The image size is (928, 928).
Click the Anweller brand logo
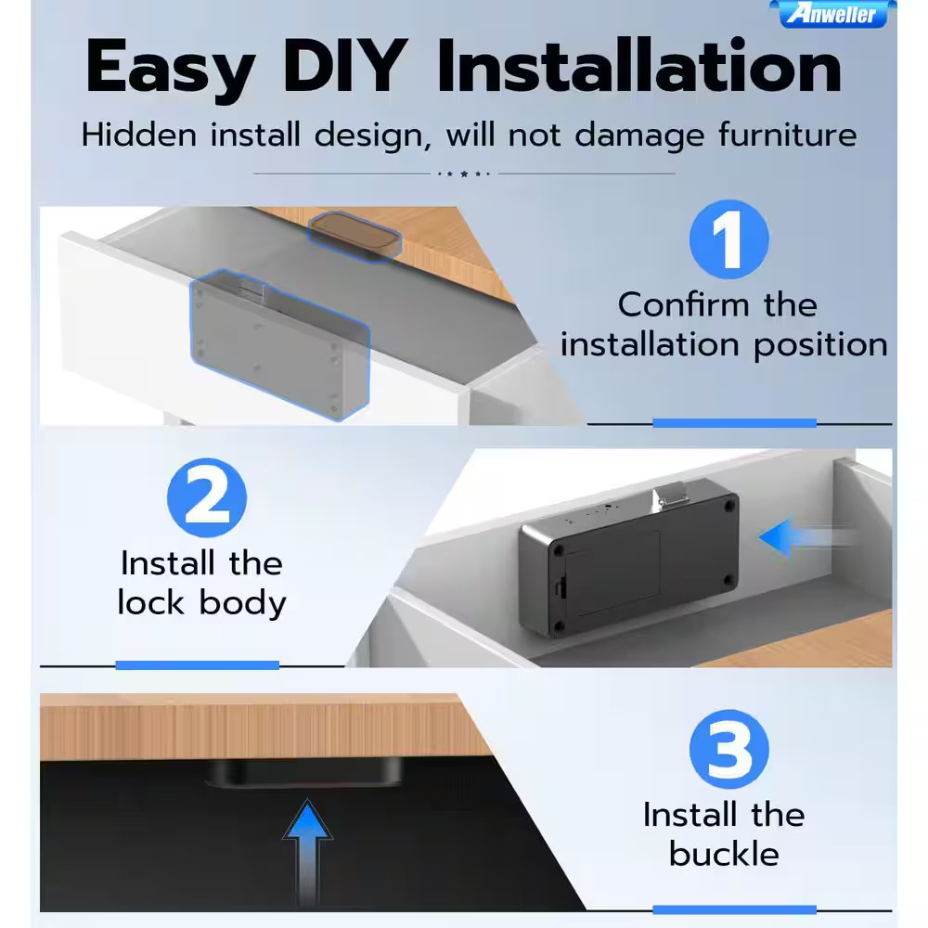832,14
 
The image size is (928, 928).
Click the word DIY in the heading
345,65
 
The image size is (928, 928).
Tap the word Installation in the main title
639,65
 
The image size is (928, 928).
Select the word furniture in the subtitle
788,135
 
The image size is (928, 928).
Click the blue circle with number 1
729,239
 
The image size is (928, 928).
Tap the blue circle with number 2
207,497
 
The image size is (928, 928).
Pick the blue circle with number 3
729,749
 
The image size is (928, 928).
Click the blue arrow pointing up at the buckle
308,852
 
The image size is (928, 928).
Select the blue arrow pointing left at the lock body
808,537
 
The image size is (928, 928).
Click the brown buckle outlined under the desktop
354,236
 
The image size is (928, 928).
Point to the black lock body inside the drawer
629,560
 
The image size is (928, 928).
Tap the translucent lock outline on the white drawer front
280,345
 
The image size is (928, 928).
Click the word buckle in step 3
724,854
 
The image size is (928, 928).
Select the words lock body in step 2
201,604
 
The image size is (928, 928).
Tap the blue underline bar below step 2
197,665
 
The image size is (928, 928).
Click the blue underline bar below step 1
734,422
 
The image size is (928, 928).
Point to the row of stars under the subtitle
464,174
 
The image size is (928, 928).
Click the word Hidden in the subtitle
139,135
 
